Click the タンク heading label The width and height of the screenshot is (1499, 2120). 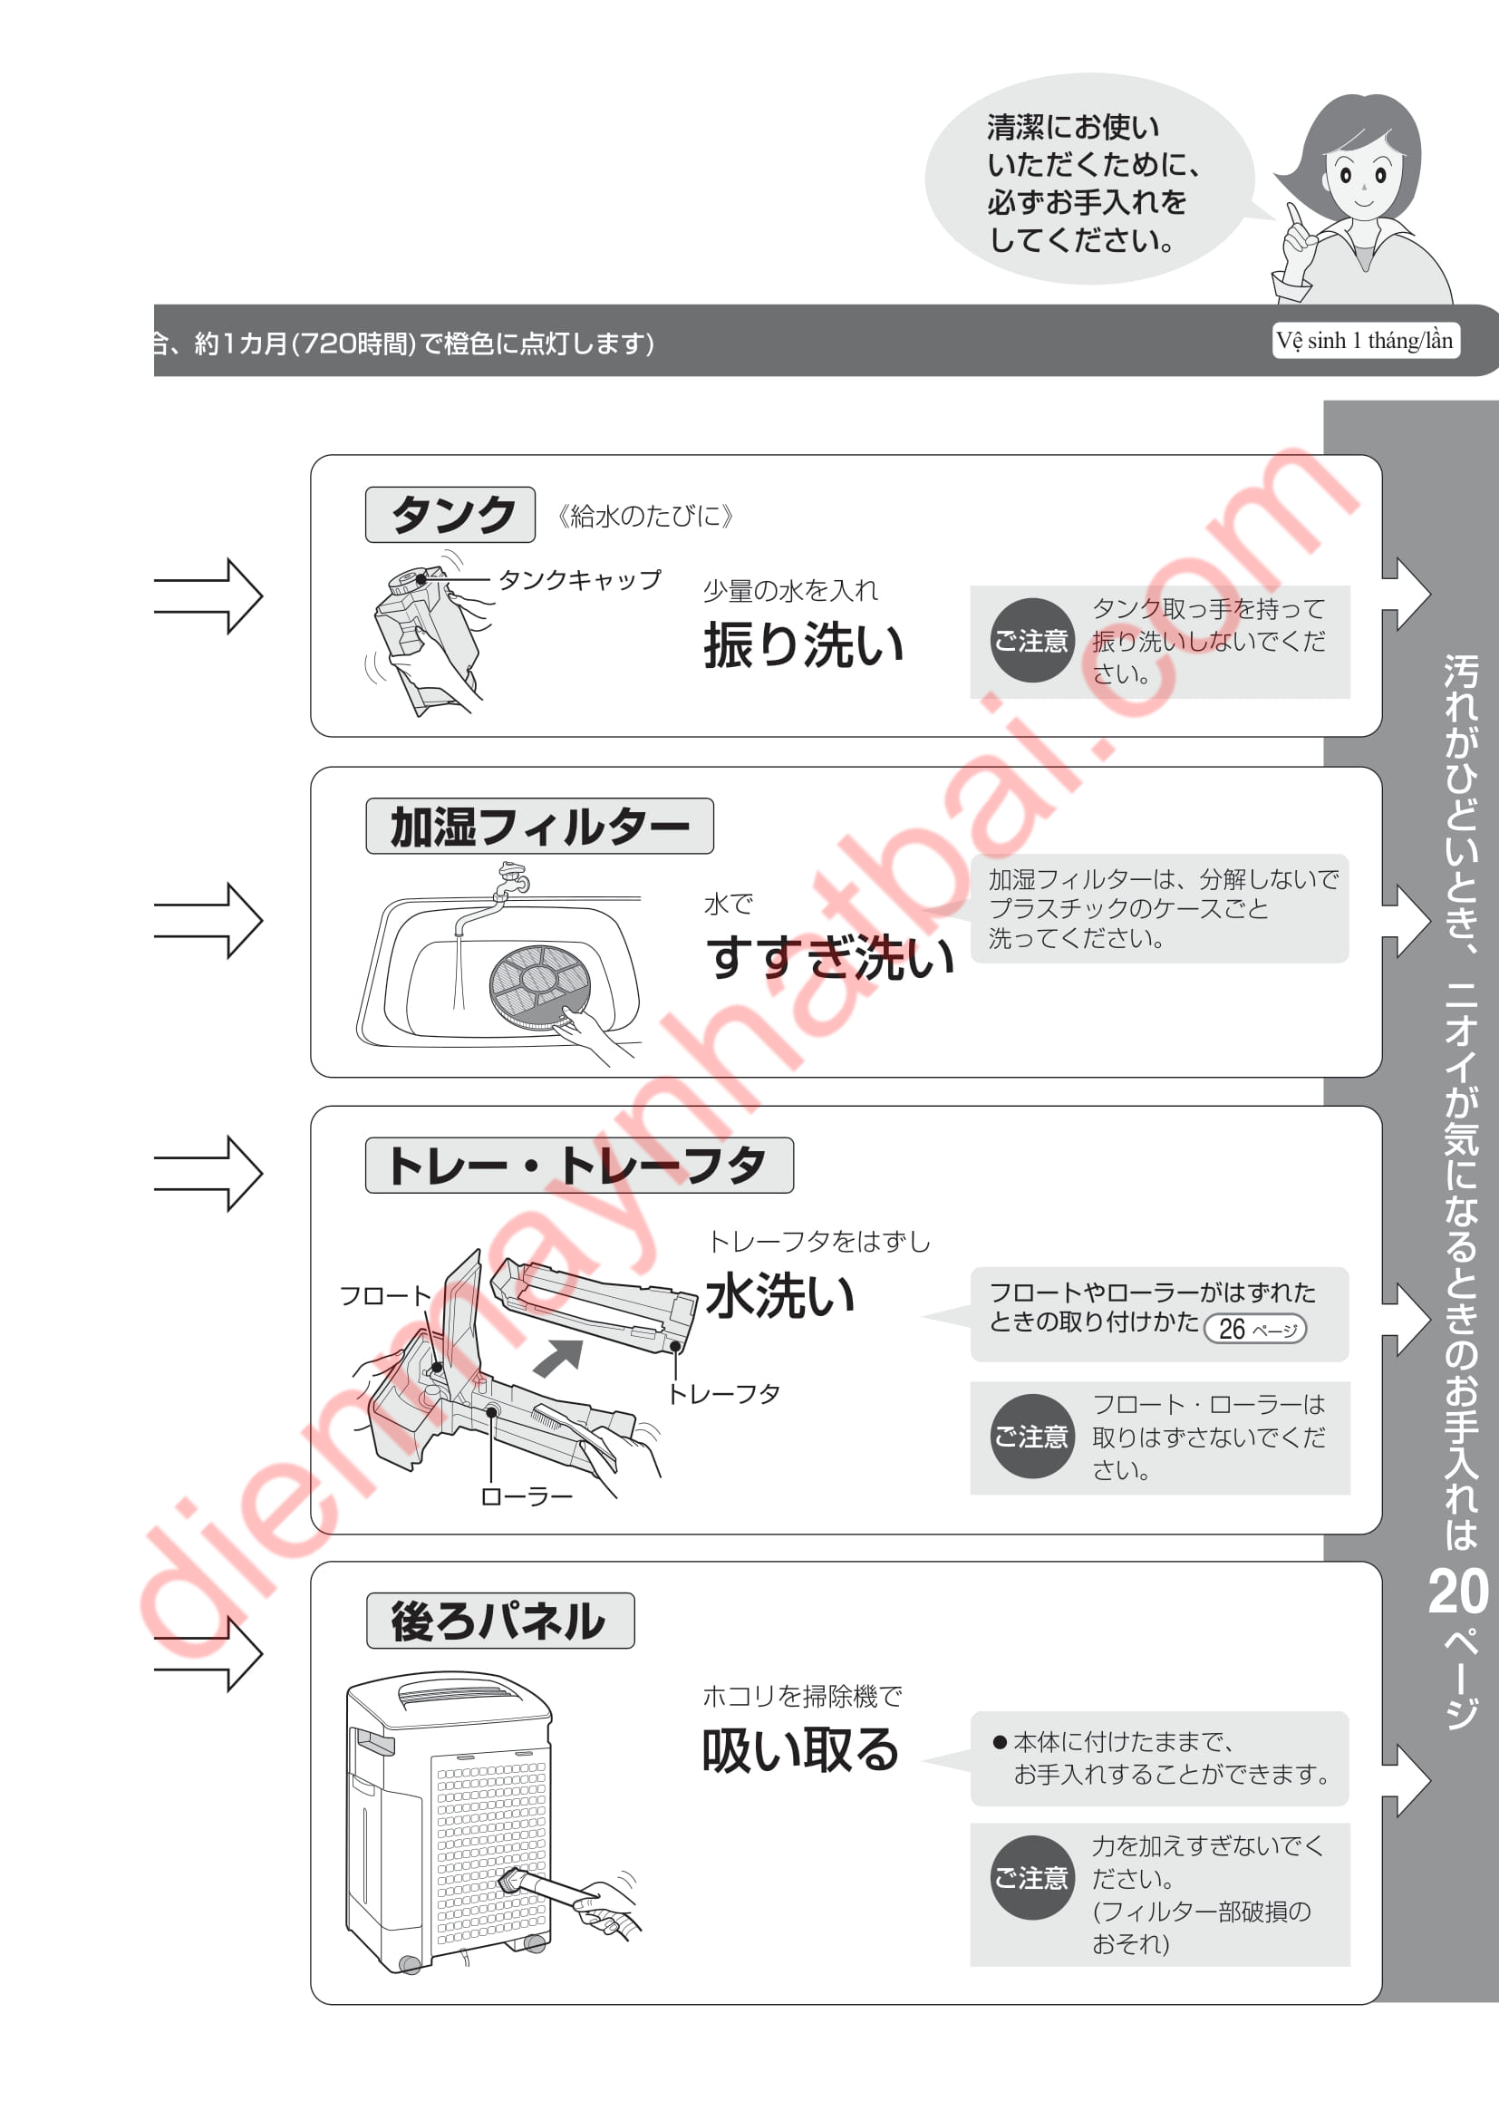click(x=450, y=514)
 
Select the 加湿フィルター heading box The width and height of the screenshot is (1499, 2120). click(x=539, y=826)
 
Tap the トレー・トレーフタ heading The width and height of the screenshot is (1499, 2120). click(x=579, y=1166)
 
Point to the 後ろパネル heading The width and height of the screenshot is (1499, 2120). click(x=500, y=1621)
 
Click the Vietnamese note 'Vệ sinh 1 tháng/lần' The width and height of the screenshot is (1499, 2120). click(x=1365, y=341)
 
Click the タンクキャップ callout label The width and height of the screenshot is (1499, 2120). click(x=580, y=580)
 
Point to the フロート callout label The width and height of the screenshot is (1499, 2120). click(x=385, y=1296)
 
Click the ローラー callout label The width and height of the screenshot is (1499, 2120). click(x=527, y=1496)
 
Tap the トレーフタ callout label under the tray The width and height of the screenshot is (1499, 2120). click(x=723, y=1394)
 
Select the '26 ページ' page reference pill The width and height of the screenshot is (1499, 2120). click(x=1255, y=1329)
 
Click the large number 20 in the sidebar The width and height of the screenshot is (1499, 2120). click(x=1458, y=1592)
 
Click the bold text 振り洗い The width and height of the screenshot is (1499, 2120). click(x=803, y=644)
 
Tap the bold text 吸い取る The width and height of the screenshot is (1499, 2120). click(x=800, y=1749)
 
